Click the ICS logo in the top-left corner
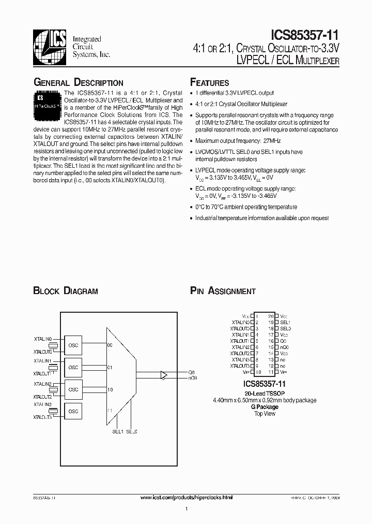(x=50, y=44)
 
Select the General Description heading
(x=78, y=83)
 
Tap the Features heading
(x=209, y=83)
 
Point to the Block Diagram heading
(x=65, y=291)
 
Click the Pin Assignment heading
(x=223, y=291)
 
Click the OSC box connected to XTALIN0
(x=73, y=345)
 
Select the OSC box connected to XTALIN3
(x=73, y=411)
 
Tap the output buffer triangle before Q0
(x=164, y=375)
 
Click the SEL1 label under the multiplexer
(x=117, y=431)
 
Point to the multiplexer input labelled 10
(x=110, y=389)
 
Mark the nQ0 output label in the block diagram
(x=192, y=379)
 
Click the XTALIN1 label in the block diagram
(x=43, y=360)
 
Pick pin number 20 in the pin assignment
(x=270, y=316)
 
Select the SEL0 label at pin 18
(x=285, y=328)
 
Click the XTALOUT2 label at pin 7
(x=240, y=353)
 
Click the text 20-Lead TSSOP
(x=264, y=394)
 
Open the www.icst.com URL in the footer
(x=187, y=497)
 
